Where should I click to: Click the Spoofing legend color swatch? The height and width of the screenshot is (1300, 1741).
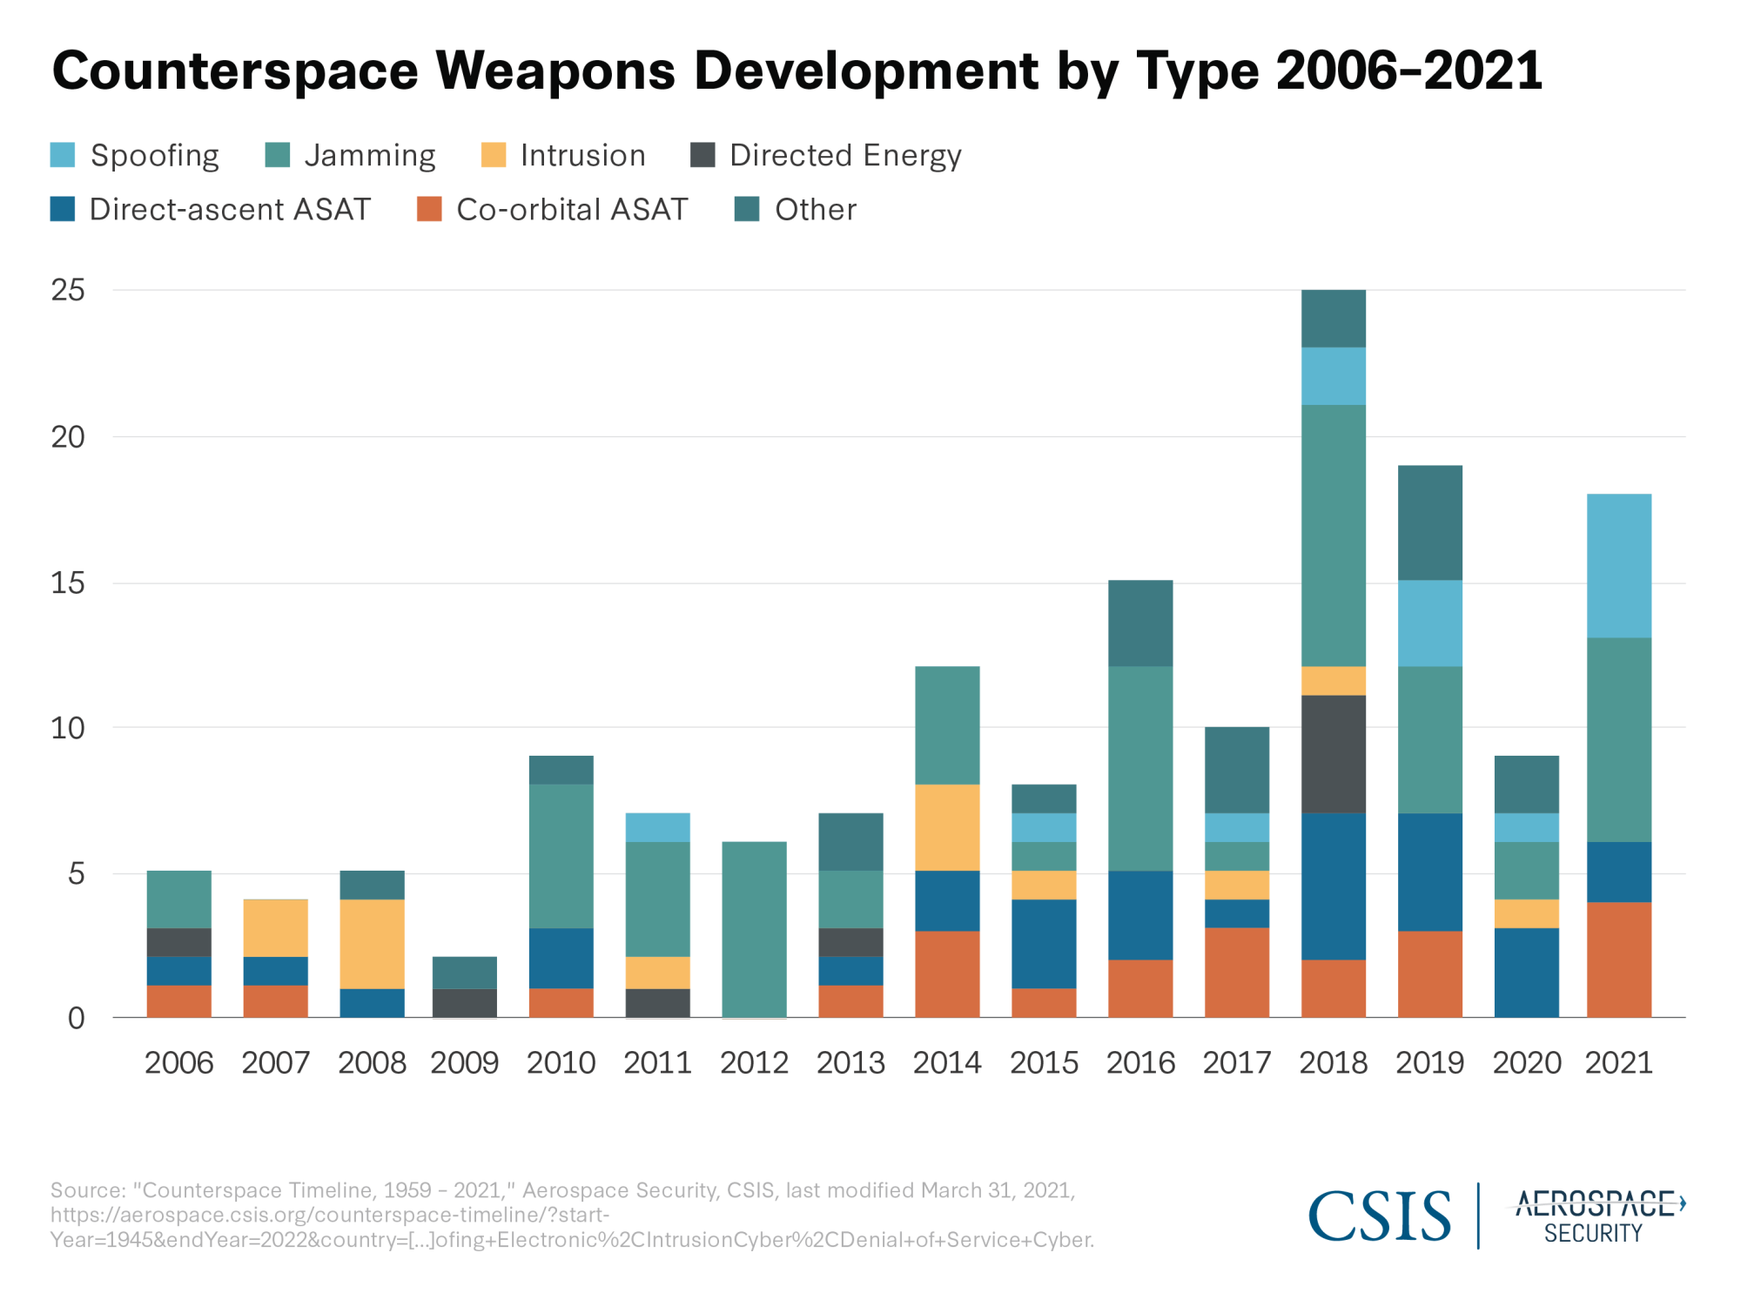pyautogui.click(x=63, y=155)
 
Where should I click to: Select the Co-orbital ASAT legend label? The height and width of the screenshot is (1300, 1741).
pyautogui.click(x=571, y=210)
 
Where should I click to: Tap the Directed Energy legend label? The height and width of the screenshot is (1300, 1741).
pyautogui.click(x=844, y=156)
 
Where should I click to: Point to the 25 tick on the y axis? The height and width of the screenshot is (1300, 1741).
pyautogui.click(x=68, y=290)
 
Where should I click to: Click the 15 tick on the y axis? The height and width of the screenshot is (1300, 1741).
pyautogui.click(x=68, y=583)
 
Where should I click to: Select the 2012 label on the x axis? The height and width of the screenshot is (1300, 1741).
pyautogui.click(x=754, y=1063)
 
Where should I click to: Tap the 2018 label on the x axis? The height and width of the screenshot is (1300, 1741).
pyautogui.click(x=1333, y=1063)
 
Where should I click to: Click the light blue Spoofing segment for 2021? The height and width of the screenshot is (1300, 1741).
pyautogui.click(x=1618, y=566)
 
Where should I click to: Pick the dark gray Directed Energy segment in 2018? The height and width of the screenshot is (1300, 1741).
pyautogui.click(x=1333, y=754)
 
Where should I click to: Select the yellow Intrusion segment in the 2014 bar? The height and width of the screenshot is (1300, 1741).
pyautogui.click(x=947, y=827)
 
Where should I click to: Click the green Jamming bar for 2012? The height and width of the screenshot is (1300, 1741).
pyautogui.click(x=754, y=929)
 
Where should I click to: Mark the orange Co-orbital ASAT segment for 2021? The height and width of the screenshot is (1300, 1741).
pyautogui.click(x=1618, y=960)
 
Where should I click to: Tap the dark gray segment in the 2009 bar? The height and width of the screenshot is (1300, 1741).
pyautogui.click(x=465, y=1003)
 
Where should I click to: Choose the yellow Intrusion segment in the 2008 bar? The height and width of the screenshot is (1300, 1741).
pyautogui.click(x=372, y=944)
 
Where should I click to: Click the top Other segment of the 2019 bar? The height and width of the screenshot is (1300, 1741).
pyautogui.click(x=1429, y=522)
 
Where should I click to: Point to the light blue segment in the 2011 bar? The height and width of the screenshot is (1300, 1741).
pyautogui.click(x=657, y=827)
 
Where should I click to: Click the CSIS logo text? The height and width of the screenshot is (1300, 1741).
pyautogui.click(x=1379, y=1216)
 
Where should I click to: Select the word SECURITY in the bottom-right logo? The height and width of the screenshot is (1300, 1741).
pyautogui.click(x=1593, y=1234)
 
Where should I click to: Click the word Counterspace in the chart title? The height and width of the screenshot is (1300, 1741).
pyautogui.click(x=235, y=71)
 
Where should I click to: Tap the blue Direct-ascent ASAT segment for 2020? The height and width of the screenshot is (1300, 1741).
pyautogui.click(x=1526, y=973)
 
